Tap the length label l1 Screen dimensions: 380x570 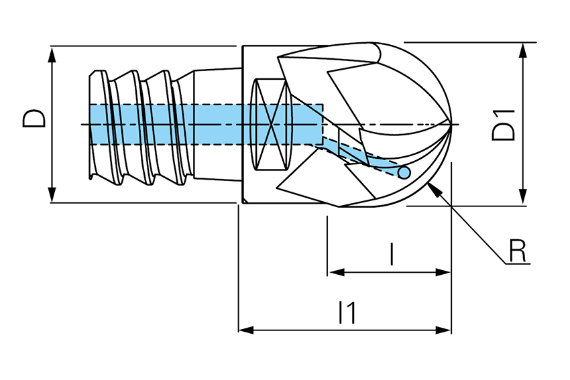coord(347,312)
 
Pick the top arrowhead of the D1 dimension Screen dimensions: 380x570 coord(523,48)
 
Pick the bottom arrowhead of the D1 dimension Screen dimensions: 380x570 coord(523,199)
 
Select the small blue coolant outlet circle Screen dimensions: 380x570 coord(404,173)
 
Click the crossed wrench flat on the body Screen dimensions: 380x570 coord(271,125)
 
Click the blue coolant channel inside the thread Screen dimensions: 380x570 coord(168,124)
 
